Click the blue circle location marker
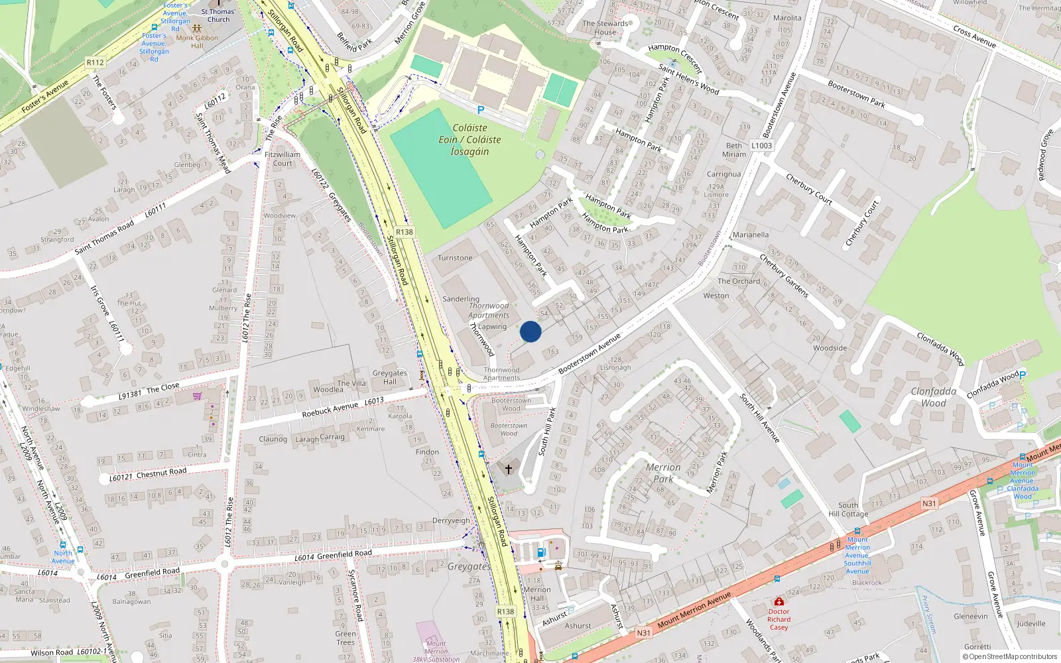pyautogui.click(x=530, y=331)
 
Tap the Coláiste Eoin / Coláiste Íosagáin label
pyautogui.click(x=469, y=140)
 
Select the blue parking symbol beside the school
pyautogui.click(x=481, y=111)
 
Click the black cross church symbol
pyautogui.click(x=509, y=469)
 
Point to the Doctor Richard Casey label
pyautogui.click(x=779, y=619)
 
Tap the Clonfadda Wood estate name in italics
pyautogui.click(x=933, y=397)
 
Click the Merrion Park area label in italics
pyautogui.click(x=663, y=473)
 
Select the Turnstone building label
pyautogui.click(x=455, y=258)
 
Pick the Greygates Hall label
pyautogui.click(x=389, y=377)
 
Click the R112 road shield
pyautogui.click(x=95, y=62)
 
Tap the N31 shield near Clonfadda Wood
pyautogui.click(x=929, y=504)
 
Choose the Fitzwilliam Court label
pyautogui.click(x=282, y=159)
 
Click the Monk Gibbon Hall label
pyautogui.click(x=197, y=42)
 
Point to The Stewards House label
pyautogui.click(x=605, y=28)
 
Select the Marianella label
pyautogui.click(x=751, y=235)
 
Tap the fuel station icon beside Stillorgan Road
pyautogui.click(x=541, y=552)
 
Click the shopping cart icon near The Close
pyautogui.click(x=197, y=396)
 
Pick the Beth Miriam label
pyautogui.click(x=734, y=150)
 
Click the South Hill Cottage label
pyautogui.click(x=848, y=509)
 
